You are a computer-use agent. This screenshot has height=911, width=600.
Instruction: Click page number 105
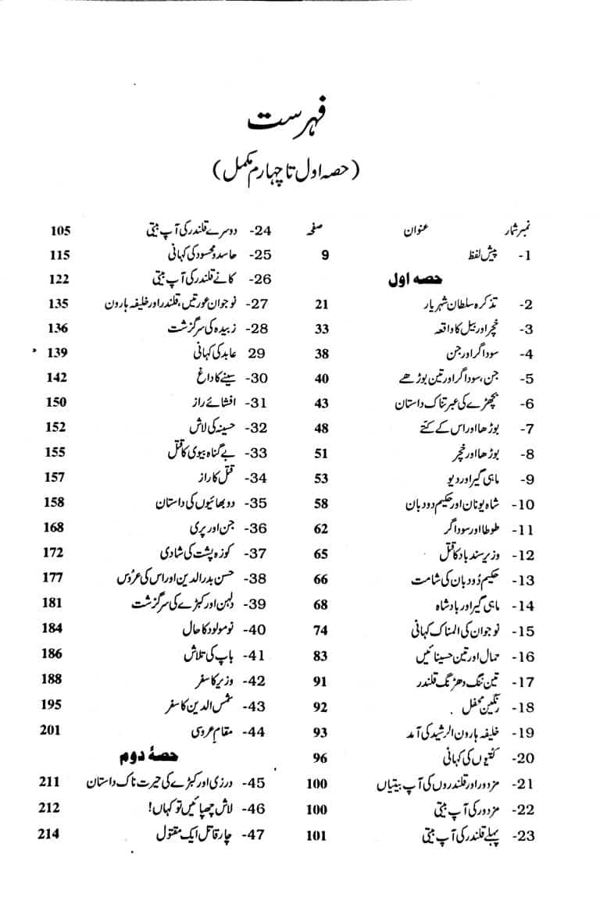tap(61, 231)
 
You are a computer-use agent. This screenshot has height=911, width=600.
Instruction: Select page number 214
tap(50, 835)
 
